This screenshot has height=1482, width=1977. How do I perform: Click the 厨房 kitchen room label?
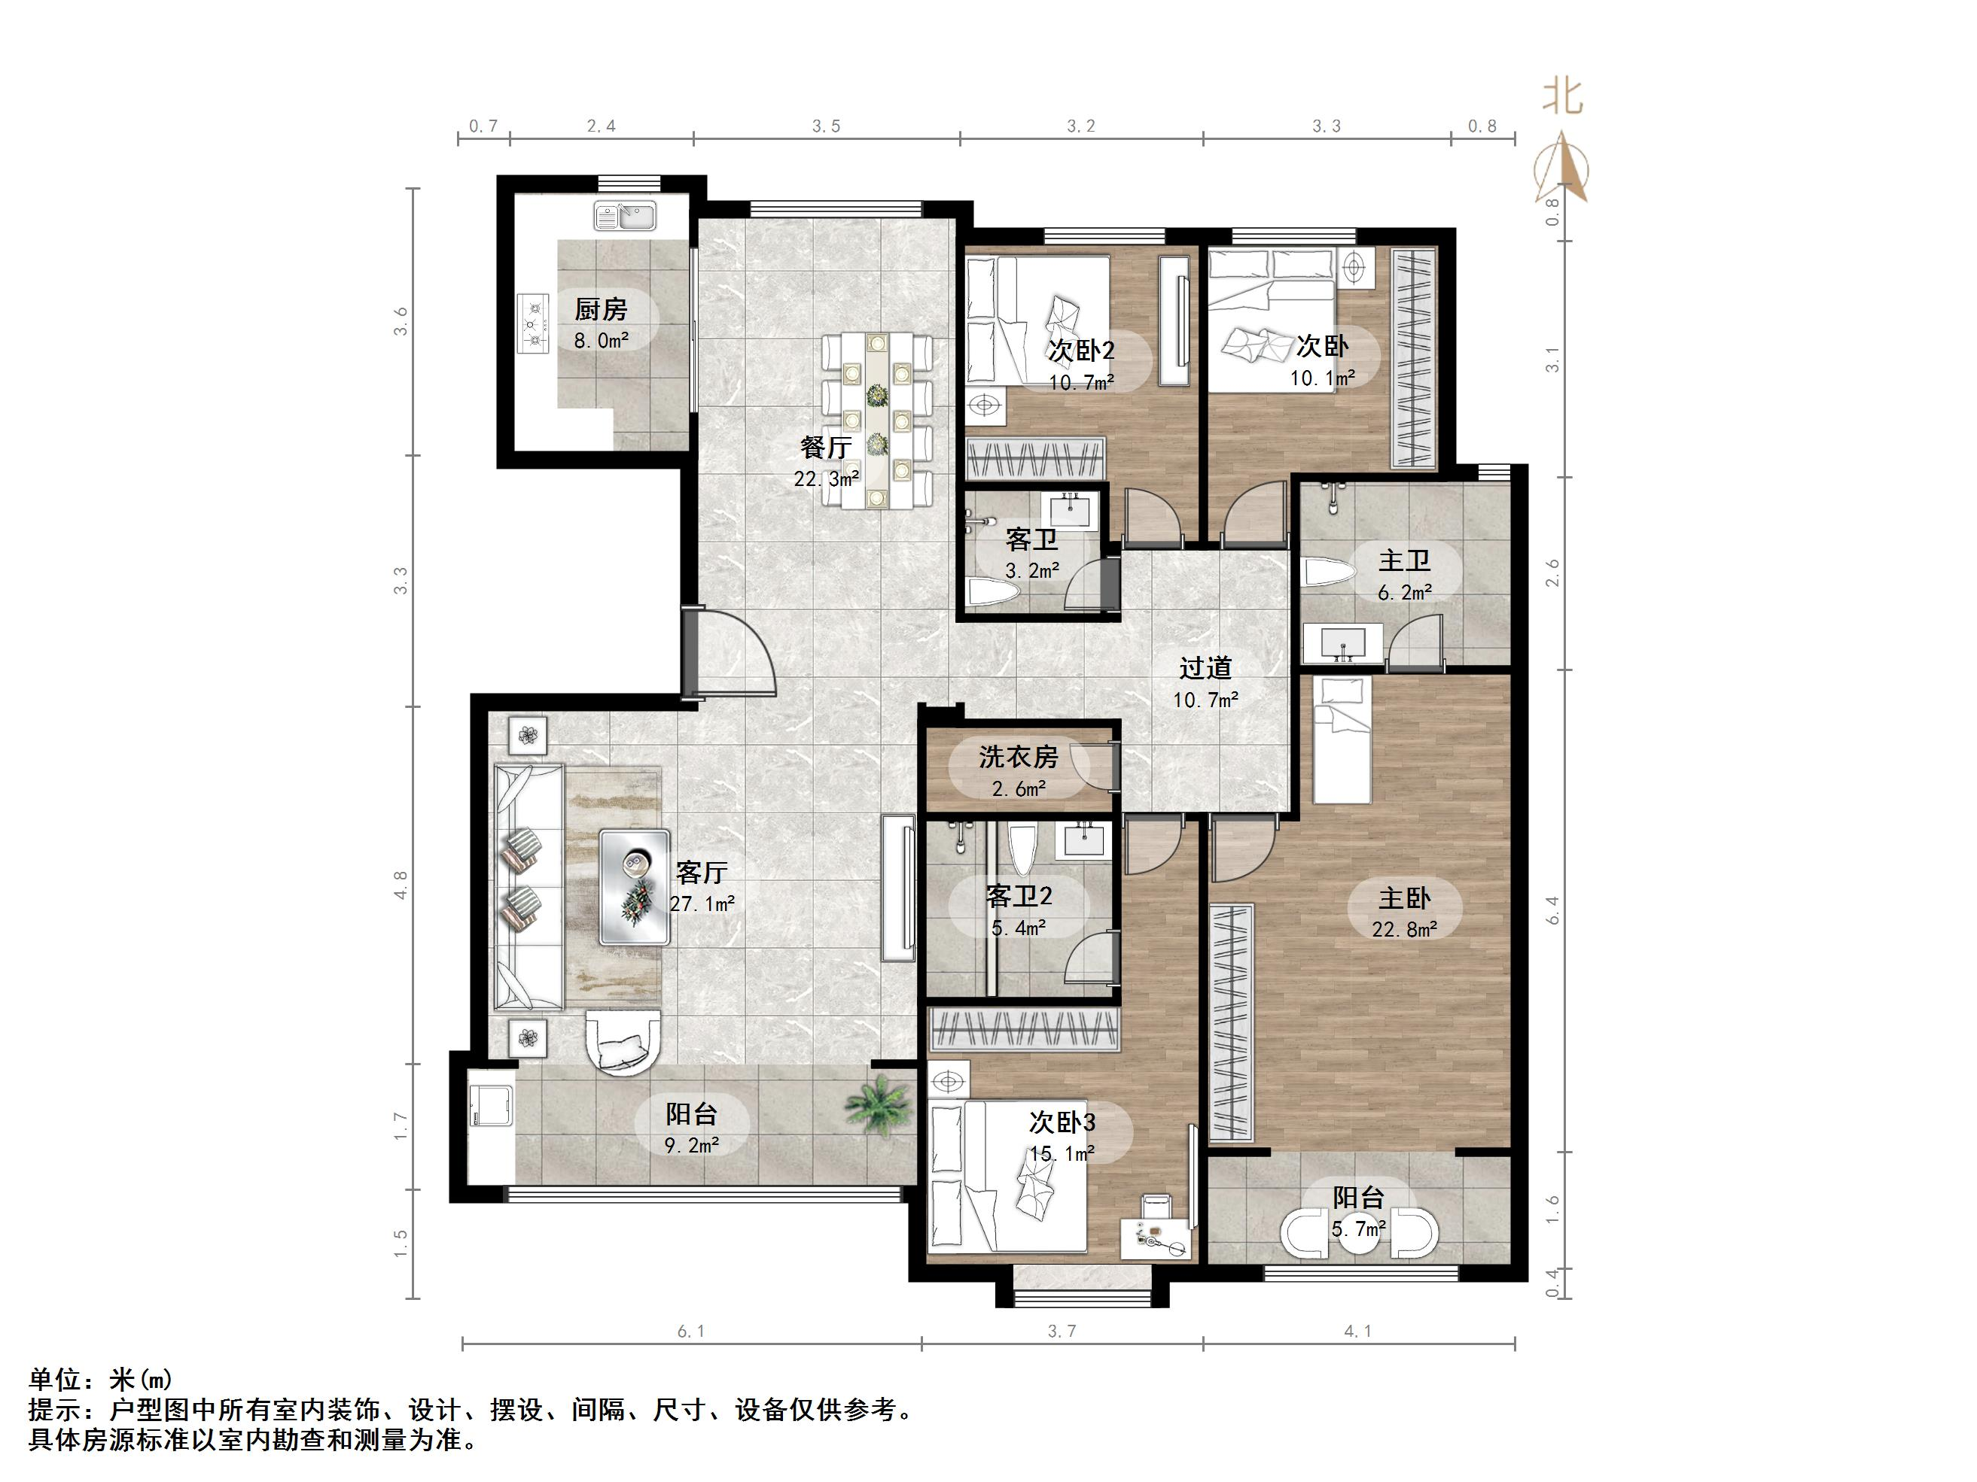click(x=601, y=309)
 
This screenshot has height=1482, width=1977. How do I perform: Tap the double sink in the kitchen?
click(x=625, y=215)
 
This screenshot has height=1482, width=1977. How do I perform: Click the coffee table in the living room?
click(x=635, y=886)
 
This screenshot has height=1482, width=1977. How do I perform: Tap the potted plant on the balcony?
click(x=879, y=1106)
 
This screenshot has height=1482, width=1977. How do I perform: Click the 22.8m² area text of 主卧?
click(x=1404, y=930)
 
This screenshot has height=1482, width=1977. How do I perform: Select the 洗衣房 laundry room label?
click(x=1018, y=758)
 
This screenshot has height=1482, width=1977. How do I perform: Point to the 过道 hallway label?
click(x=1205, y=667)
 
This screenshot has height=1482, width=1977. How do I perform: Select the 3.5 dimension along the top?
click(x=826, y=126)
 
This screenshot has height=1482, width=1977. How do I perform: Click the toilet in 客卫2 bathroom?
click(x=1021, y=849)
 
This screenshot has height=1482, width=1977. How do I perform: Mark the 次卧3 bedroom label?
click(x=1062, y=1121)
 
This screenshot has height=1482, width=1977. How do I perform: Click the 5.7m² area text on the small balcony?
click(x=1358, y=1229)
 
